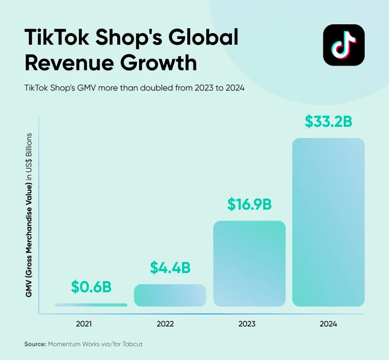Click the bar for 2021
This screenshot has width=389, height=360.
tap(91, 305)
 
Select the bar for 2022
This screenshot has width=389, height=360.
tap(170, 295)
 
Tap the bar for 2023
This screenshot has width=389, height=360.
tap(249, 263)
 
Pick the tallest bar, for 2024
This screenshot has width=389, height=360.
tap(328, 222)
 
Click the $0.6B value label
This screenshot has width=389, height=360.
tap(91, 287)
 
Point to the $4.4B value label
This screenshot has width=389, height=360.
tap(170, 267)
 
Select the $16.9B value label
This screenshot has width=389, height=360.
tap(249, 204)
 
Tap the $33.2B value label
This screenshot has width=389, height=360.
tap(328, 121)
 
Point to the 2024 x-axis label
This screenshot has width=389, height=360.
tap(329, 323)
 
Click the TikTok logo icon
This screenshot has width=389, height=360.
tap(343, 45)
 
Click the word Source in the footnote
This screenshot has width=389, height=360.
tap(34, 344)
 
